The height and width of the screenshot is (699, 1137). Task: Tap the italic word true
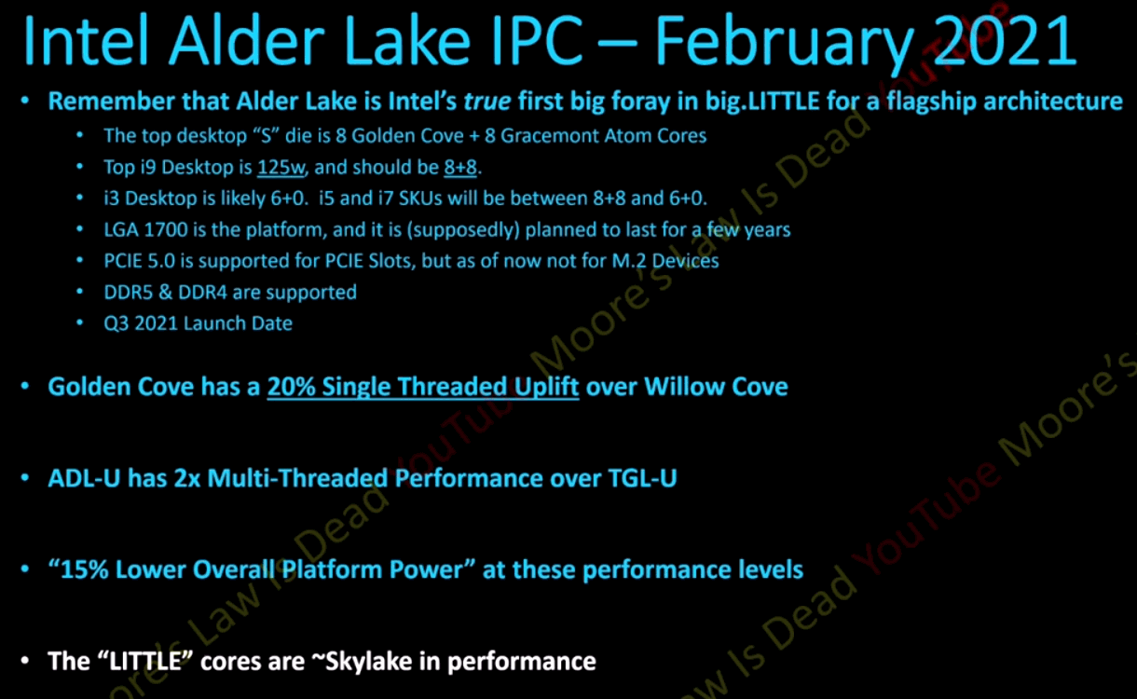point(487,102)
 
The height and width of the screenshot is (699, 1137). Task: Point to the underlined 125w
point(281,168)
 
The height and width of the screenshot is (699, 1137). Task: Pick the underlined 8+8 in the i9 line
point(460,168)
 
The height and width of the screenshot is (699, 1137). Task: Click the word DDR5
point(128,293)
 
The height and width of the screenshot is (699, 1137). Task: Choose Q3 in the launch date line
point(116,323)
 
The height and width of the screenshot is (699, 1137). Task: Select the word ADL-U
point(84,478)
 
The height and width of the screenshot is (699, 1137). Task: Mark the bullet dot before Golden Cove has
point(25,387)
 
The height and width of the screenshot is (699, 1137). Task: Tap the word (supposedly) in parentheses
point(463,230)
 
